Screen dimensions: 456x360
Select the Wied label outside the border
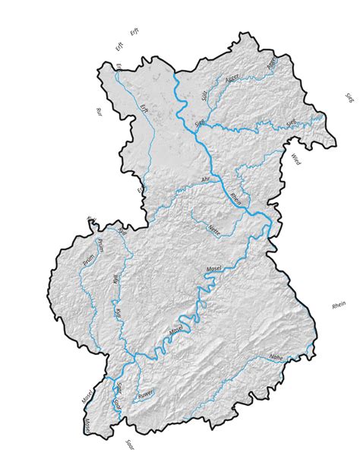click(x=296, y=160)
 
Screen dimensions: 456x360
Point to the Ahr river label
click(x=205, y=179)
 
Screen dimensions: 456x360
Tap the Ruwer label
click(x=146, y=394)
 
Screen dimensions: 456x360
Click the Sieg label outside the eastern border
click(x=349, y=98)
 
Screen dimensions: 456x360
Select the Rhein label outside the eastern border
click(x=339, y=305)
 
